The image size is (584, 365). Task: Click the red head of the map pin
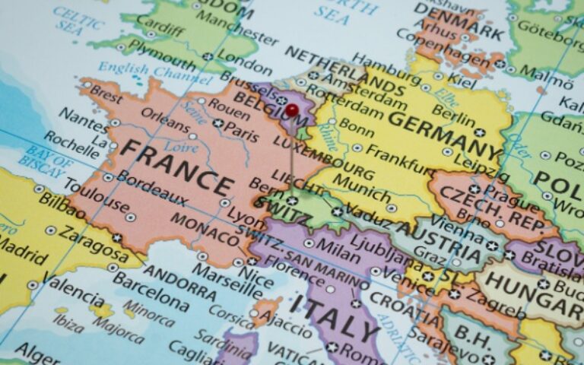(x=292, y=111)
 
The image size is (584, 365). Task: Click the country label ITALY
(x=334, y=316)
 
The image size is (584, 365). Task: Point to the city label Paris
(x=241, y=132)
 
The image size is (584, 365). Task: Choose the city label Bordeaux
(x=152, y=187)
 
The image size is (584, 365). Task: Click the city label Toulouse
(x=95, y=195)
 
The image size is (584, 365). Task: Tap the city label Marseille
(x=227, y=281)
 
